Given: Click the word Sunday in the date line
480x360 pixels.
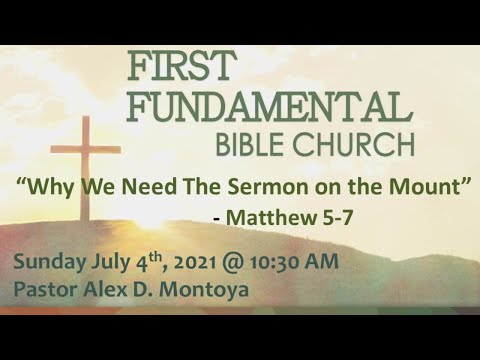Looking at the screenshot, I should [47, 263].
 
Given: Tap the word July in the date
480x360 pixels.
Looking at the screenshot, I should [110, 263].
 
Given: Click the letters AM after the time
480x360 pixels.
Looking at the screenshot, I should [322, 263].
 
